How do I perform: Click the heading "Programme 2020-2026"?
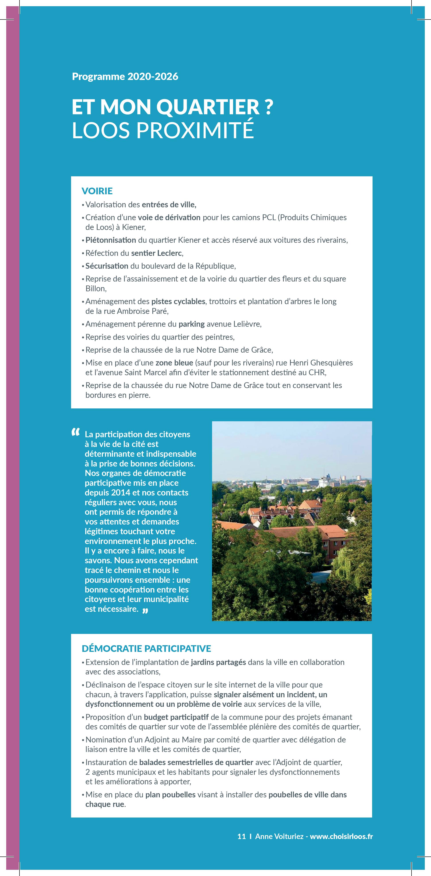[x=125, y=76]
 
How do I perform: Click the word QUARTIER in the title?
[x=207, y=107]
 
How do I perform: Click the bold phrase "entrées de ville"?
[x=169, y=205]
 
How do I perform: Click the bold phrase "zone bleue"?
[x=174, y=363]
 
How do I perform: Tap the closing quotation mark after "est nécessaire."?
[x=145, y=610]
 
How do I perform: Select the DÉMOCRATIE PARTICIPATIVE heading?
[x=147, y=649]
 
